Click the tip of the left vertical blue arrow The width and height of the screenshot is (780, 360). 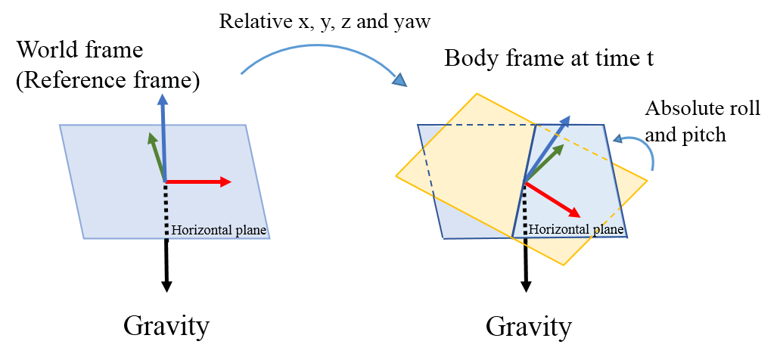(x=162, y=96)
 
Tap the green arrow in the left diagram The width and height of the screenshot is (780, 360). (x=157, y=157)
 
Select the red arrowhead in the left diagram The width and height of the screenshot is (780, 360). (x=225, y=182)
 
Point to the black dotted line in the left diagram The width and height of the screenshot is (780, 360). (x=166, y=212)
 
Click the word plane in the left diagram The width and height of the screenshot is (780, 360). (x=252, y=231)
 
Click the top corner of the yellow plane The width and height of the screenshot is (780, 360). (x=477, y=94)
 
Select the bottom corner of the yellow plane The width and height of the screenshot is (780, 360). (x=564, y=265)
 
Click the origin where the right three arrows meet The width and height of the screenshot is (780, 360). (x=524, y=182)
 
